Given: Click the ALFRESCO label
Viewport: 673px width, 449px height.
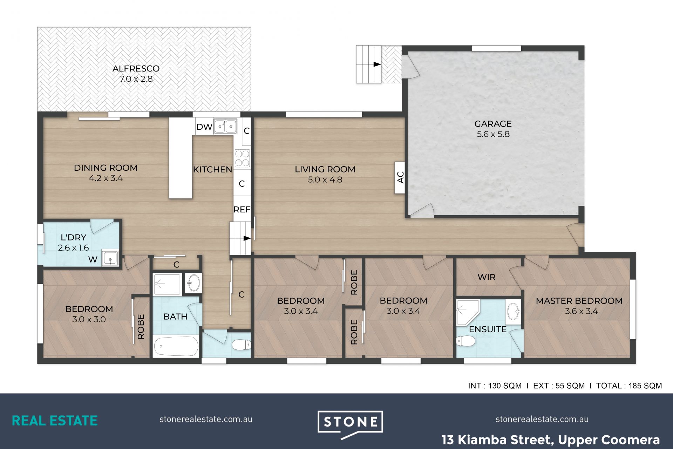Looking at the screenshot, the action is pyautogui.click(x=136, y=69).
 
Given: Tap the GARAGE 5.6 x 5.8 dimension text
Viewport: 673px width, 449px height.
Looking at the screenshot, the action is pyautogui.click(x=493, y=134).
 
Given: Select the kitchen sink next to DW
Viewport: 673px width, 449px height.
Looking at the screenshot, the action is pyautogui.click(x=225, y=126).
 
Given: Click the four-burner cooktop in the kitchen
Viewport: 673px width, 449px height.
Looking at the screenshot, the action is pyautogui.click(x=242, y=158).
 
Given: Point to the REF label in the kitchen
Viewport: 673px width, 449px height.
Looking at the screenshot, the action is pyautogui.click(x=242, y=210).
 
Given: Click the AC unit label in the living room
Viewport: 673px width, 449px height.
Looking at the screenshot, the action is pyautogui.click(x=400, y=177).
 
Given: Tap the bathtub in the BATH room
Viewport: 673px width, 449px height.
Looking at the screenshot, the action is pyautogui.click(x=176, y=346).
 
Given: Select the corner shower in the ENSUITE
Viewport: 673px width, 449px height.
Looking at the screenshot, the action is pyautogui.click(x=467, y=312).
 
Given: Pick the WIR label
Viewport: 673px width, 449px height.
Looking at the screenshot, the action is pyautogui.click(x=487, y=277).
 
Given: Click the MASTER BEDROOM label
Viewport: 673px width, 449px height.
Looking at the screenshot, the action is pyautogui.click(x=579, y=301).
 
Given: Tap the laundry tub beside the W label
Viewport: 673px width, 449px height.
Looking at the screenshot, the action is pyautogui.click(x=110, y=258).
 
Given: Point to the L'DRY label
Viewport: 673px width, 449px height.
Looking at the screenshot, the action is pyautogui.click(x=73, y=237).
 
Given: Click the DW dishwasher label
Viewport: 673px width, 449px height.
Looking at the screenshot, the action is pyautogui.click(x=204, y=127).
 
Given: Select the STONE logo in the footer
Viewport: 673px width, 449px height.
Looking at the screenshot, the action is pyautogui.click(x=350, y=424).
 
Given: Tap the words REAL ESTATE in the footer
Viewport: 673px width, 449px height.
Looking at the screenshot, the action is pyautogui.click(x=55, y=421).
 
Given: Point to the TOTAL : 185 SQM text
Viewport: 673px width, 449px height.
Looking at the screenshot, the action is pyautogui.click(x=629, y=386).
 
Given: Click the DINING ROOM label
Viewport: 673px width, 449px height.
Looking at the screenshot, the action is pyautogui.click(x=106, y=168).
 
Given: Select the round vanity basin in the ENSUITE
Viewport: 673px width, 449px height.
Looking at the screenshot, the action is pyautogui.click(x=513, y=311).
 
